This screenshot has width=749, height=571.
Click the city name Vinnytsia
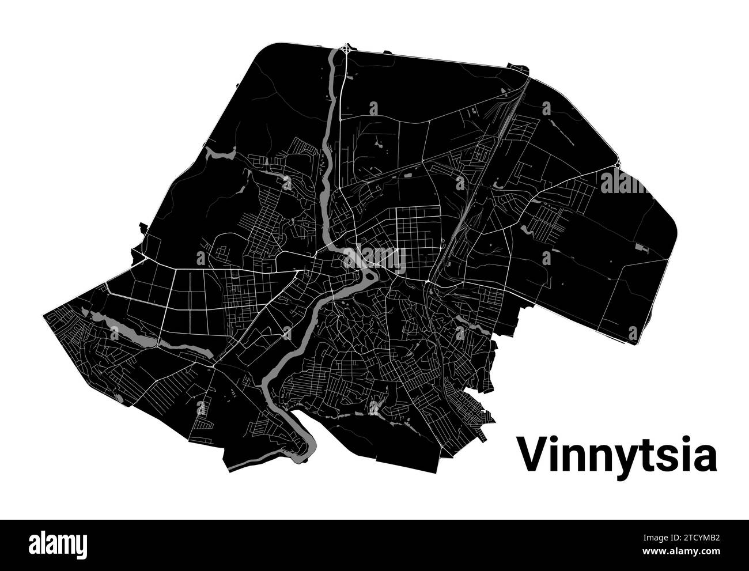pyautogui.click(x=616, y=455)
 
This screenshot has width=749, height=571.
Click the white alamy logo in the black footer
pyautogui.click(x=58, y=544)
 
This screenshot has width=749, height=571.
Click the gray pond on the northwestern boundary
pyautogui.click(x=222, y=153)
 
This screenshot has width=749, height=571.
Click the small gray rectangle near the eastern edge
pyautogui.click(x=641, y=248)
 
